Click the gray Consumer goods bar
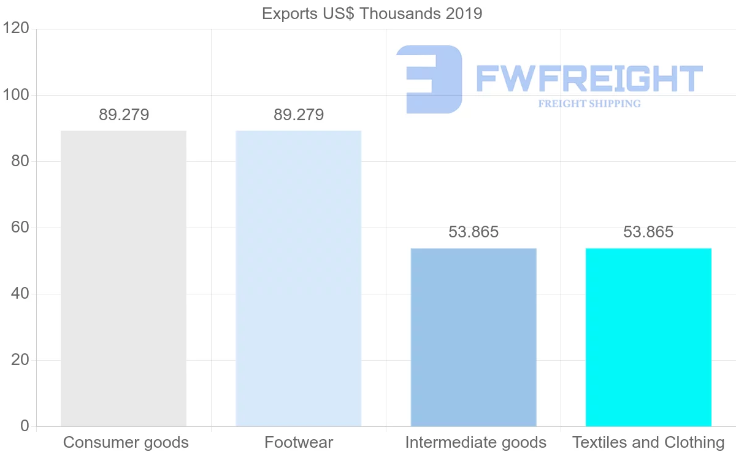(x=123, y=278)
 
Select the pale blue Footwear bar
(x=298, y=278)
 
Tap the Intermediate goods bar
(x=473, y=337)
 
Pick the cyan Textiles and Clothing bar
(x=648, y=337)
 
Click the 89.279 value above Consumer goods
(x=124, y=115)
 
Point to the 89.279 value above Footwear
(x=299, y=115)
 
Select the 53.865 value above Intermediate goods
(x=473, y=232)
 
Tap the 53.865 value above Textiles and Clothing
(x=648, y=232)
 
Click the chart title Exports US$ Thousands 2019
(x=372, y=13)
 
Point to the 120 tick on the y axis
(x=16, y=29)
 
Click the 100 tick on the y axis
(x=16, y=95)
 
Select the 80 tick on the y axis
(x=20, y=161)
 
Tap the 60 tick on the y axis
(x=20, y=228)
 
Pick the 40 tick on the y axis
(x=20, y=294)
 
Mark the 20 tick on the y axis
(x=20, y=360)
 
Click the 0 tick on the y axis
(x=25, y=426)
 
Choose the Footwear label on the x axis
(x=299, y=442)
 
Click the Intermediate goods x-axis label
(x=475, y=442)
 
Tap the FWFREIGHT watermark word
(x=589, y=79)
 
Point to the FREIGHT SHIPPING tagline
(x=589, y=104)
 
